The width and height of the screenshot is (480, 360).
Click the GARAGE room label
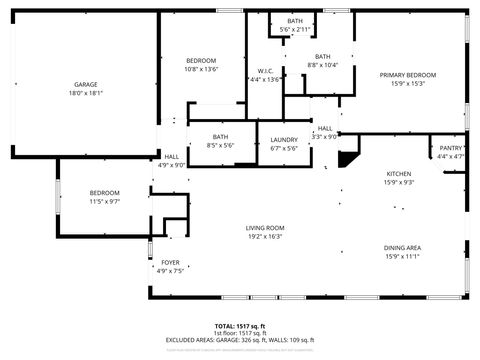tap(85, 84)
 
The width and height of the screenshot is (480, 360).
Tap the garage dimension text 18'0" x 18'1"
tap(85, 93)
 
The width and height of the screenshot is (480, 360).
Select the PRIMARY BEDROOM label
tap(407, 75)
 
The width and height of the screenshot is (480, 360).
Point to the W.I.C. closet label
tap(265, 71)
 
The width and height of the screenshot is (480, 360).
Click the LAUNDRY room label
tap(284, 139)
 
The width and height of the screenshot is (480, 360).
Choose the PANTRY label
tap(451, 147)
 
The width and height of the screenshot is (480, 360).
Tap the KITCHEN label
tap(399, 173)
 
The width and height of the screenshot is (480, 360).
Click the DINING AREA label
tap(401, 247)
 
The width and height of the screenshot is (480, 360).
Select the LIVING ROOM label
tap(265, 228)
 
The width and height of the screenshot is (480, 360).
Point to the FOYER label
tap(171, 262)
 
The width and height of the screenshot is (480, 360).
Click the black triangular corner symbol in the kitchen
tap(348, 158)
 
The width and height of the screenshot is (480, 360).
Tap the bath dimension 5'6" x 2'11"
tap(295, 30)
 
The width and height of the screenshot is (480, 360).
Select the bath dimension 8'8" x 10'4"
tap(322, 65)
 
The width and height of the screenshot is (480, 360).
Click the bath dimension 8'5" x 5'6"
tap(219, 146)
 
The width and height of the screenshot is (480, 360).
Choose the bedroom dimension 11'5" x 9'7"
tap(104, 201)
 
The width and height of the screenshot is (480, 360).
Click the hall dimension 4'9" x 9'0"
tap(172, 165)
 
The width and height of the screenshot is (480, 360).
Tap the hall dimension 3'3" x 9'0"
tap(325, 136)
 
